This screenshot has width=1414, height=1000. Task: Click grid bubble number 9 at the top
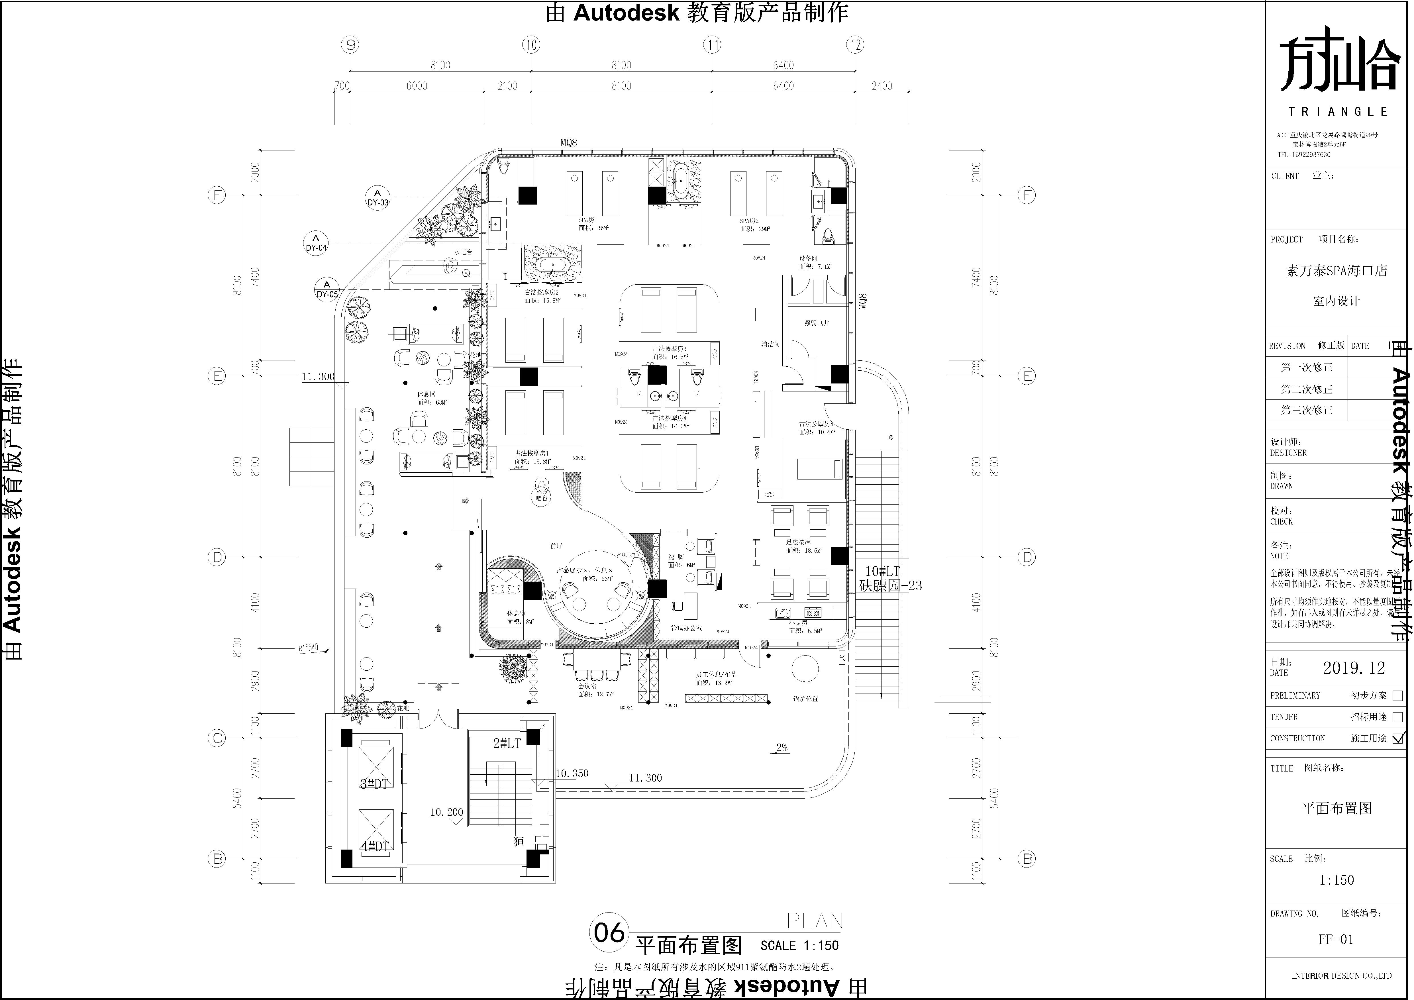point(350,44)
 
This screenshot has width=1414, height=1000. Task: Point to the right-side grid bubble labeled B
point(1026,858)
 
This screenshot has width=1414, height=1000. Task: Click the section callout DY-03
point(378,198)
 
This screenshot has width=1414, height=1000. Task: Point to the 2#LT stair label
point(507,743)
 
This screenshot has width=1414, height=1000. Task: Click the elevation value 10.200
point(446,812)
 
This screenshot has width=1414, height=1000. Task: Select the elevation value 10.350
point(572,774)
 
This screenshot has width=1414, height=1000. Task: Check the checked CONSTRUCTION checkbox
point(1397,738)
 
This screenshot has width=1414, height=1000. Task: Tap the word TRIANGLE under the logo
point(1338,111)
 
